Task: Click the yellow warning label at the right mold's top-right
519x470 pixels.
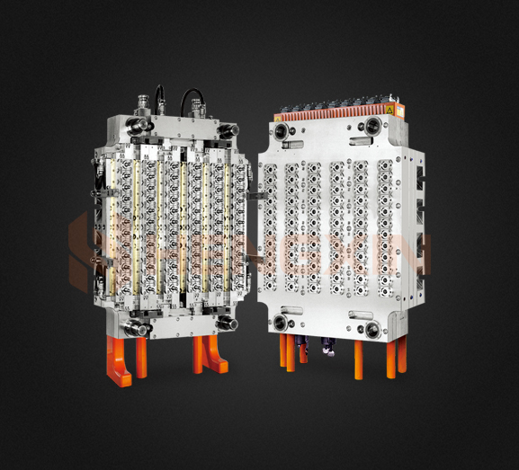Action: click(389, 110)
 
